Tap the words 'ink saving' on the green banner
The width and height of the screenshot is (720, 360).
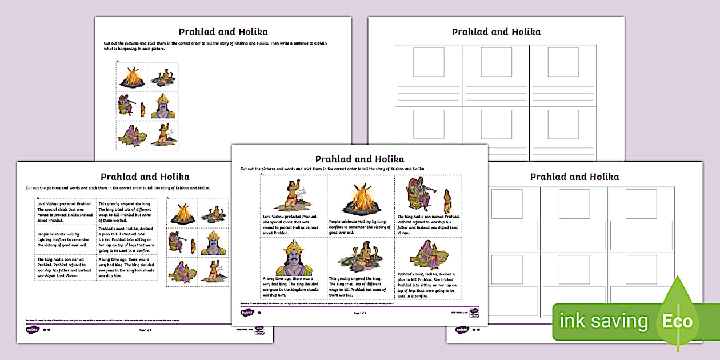[604, 321]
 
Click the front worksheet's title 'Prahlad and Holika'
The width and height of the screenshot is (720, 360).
[359, 159]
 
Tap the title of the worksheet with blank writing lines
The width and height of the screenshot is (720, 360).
[496, 32]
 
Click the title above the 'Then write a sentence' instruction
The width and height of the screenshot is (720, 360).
[223, 32]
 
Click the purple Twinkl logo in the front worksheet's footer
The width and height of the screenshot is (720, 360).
[247, 313]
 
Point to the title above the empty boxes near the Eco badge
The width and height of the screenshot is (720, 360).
[574, 177]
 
